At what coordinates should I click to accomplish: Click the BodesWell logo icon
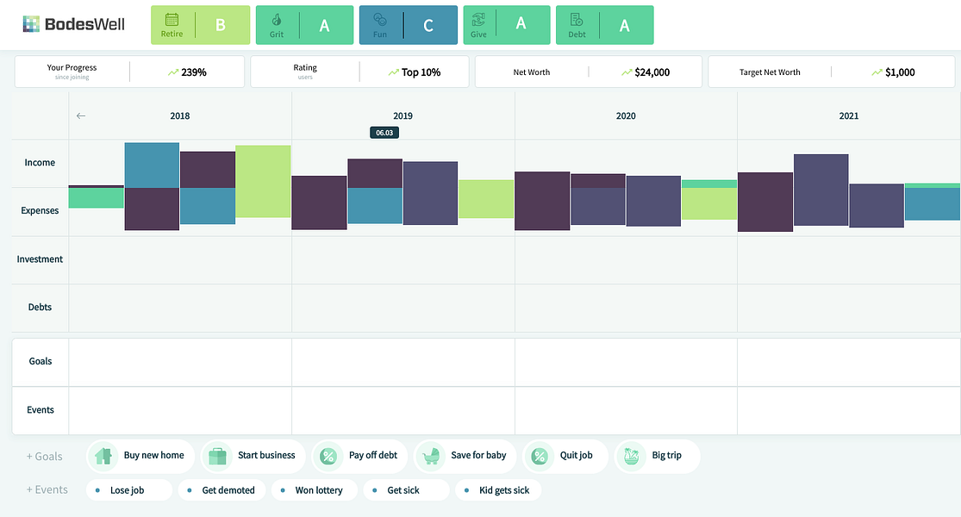point(31,24)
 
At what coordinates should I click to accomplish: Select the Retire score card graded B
point(201,25)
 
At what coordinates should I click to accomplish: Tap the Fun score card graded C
point(409,25)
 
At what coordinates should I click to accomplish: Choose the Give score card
point(507,25)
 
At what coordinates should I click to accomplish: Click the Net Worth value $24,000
point(652,72)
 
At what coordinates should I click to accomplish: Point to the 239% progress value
point(194,72)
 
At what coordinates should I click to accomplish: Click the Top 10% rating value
point(421,72)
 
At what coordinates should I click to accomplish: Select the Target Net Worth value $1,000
point(900,72)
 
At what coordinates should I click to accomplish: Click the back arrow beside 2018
point(81,115)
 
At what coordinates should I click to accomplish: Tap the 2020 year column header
point(626,115)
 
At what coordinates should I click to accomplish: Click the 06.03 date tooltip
point(384,133)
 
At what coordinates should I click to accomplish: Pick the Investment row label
point(40,259)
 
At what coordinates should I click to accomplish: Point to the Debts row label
point(40,307)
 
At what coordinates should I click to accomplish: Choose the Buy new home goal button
point(140,456)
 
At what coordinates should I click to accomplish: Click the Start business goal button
point(253,456)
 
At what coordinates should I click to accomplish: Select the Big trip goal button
point(657,456)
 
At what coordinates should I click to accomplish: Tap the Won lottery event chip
point(314,490)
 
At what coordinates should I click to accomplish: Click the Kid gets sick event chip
point(497,490)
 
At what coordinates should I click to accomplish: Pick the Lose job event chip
point(128,490)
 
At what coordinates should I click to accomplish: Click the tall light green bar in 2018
point(263,181)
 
